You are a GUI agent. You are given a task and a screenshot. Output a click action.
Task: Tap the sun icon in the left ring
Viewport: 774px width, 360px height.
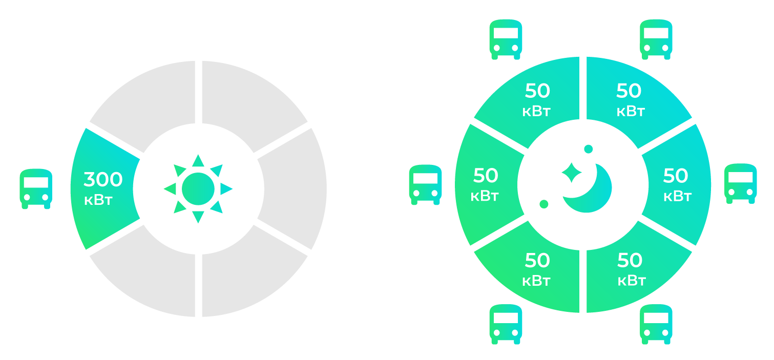click(198, 189)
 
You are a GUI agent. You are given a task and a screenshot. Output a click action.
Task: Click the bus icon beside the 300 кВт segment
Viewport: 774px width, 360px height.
click(36, 188)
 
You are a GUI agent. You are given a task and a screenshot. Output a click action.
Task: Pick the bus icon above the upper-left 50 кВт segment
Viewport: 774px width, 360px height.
click(506, 39)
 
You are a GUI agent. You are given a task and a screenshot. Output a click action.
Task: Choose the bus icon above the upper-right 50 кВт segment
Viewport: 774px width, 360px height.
click(656, 39)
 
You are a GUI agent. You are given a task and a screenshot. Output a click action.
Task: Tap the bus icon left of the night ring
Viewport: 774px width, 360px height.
click(425, 184)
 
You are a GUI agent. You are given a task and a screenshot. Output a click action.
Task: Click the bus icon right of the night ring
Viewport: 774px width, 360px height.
click(740, 183)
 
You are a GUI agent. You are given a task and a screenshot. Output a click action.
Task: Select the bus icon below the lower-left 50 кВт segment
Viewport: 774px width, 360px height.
click(506, 324)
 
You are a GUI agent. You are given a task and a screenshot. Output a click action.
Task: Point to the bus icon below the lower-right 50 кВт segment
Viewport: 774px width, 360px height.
click(656, 324)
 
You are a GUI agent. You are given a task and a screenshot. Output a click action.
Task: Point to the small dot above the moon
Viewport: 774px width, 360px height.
click(588, 149)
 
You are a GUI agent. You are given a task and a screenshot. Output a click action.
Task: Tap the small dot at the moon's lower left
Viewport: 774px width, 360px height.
click(544, 204)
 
